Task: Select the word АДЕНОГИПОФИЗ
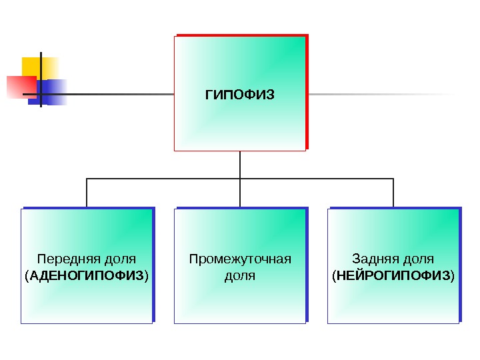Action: (86, 275)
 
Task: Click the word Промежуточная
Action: (240, 259)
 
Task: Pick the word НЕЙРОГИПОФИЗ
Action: (393, 275)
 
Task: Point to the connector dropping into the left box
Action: (87, 193)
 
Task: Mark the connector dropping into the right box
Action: (393, 193)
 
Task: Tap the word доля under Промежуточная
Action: (240, 275)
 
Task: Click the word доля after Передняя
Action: (121, 259)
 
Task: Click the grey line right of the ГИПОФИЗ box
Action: (380, 95)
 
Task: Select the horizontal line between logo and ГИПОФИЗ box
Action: (120, 95)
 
